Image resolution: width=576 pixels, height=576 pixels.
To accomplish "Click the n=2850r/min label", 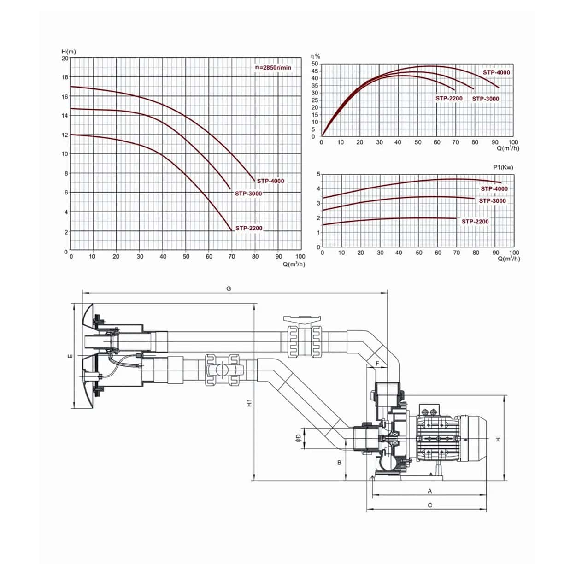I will pyautogui.click(x=273, y=67).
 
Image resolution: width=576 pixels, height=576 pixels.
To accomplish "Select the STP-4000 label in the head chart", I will pyautogui.click(x=270, y=181).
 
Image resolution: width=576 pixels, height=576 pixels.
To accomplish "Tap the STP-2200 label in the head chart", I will pyautogui.click(x=249, y=228).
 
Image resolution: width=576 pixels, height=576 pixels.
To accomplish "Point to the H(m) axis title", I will pyautogui.click(x=69, y=52).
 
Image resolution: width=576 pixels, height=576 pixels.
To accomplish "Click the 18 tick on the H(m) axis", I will pyautogui.click(x=65, y=77).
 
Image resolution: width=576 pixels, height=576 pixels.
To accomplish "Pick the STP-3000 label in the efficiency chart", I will pyautogui.click(x=486, y=99).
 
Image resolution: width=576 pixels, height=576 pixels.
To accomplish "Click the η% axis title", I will pyautogui.click(x=316, y=56).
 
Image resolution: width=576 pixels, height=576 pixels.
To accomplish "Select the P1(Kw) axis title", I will pyautogui.click(x=503, y=167).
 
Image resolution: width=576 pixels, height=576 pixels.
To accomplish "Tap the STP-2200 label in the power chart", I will pyautogui.click(x=475, y=222).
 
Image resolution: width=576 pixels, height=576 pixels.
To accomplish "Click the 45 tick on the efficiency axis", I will pyautogui.click(x=315, y=71).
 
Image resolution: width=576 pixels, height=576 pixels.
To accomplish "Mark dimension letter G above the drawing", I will pyautogui.click(x=229, y=289).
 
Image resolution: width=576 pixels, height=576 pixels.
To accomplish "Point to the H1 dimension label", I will pyautogui.click(x=249, y=402).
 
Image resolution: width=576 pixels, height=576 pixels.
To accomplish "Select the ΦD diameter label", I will pyautogui.click(x=298, y=437).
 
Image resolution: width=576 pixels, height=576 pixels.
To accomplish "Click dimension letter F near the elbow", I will pyautogui.click(x=377, y=364).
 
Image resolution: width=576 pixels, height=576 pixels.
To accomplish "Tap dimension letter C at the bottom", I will pyautogui.click(x=430, y=505).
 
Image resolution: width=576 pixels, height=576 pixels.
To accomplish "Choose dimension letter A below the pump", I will pyautogui.click(x=430, y=491).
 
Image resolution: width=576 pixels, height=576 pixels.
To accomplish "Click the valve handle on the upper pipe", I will pyautogui.click(x=302, y=319).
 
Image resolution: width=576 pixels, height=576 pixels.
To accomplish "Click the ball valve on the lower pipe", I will pyautogui.click(x=222, y=370).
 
